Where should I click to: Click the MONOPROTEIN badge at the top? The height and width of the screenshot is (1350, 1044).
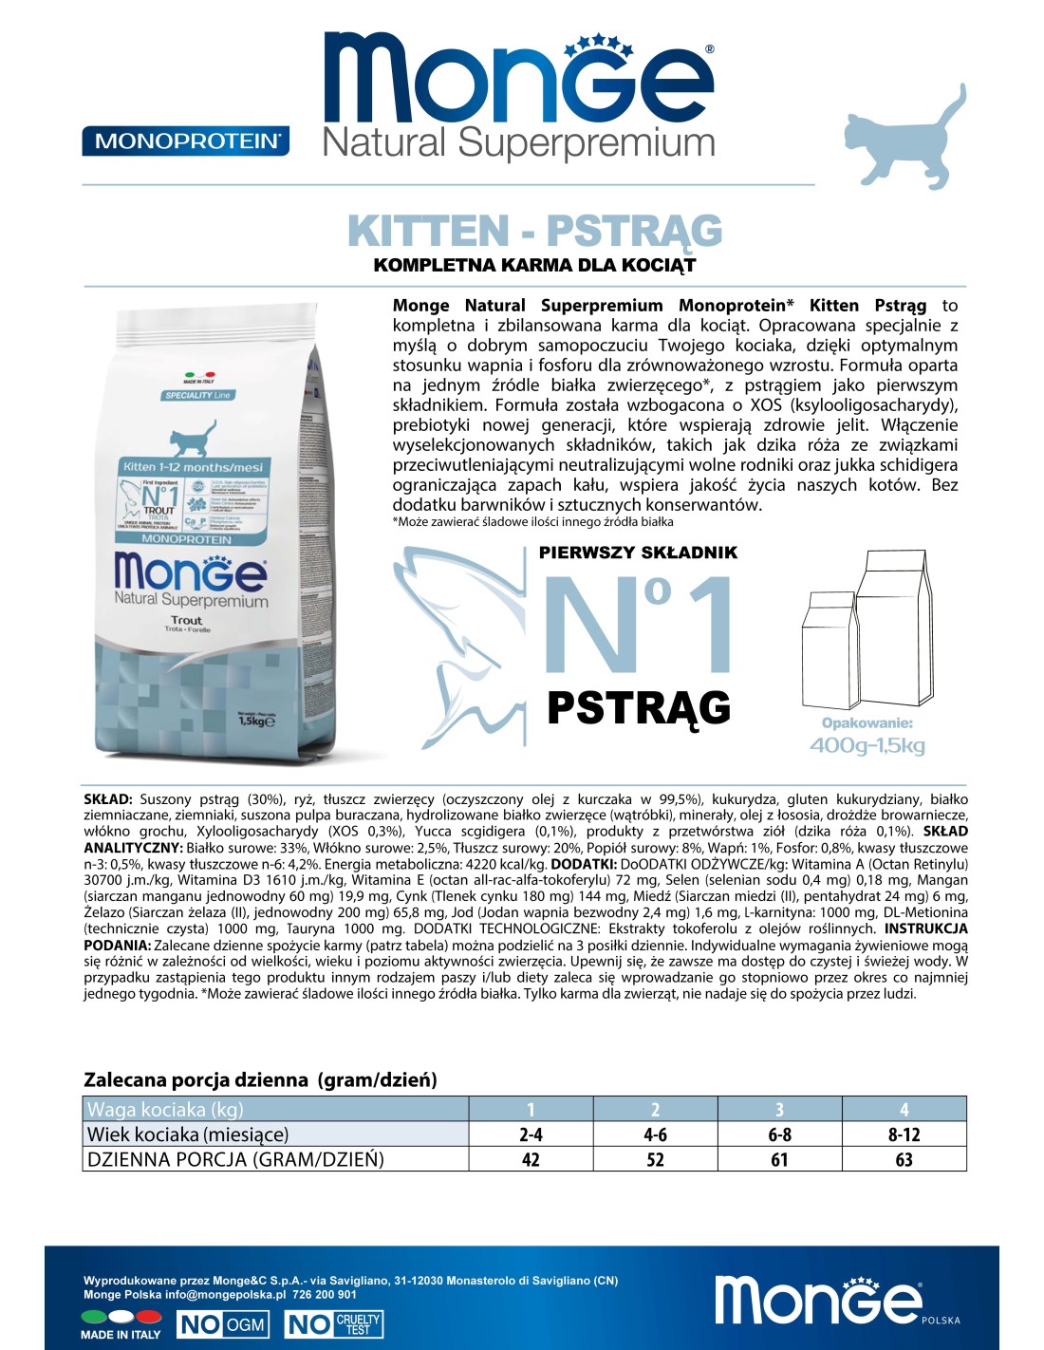point(186,141)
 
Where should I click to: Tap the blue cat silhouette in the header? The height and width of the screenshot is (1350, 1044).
point(904,138)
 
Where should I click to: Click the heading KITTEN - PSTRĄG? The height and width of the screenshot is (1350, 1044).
point(534,231)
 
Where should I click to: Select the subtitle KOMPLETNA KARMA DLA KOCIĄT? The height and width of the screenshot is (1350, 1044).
point(534,265)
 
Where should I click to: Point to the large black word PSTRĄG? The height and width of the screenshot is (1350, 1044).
point(639,708)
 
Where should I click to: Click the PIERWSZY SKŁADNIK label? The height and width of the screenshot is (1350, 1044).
point(638,553)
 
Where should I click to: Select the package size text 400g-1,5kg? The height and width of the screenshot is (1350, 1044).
point(867,745)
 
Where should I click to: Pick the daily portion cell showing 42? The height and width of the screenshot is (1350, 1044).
point(531,1159)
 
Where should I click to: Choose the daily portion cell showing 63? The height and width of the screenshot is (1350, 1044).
point(904,1159)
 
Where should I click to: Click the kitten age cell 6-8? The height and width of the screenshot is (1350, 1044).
point(779,1134)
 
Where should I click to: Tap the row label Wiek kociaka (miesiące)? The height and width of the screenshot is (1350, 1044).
point(188,1134)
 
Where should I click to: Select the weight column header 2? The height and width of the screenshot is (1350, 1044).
point(655,1109)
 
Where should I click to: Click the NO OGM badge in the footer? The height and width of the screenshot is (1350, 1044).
point(223,1324)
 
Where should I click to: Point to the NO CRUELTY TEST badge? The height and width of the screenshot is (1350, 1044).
point(333,1324)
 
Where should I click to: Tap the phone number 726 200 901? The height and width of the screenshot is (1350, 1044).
point(325,1294)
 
